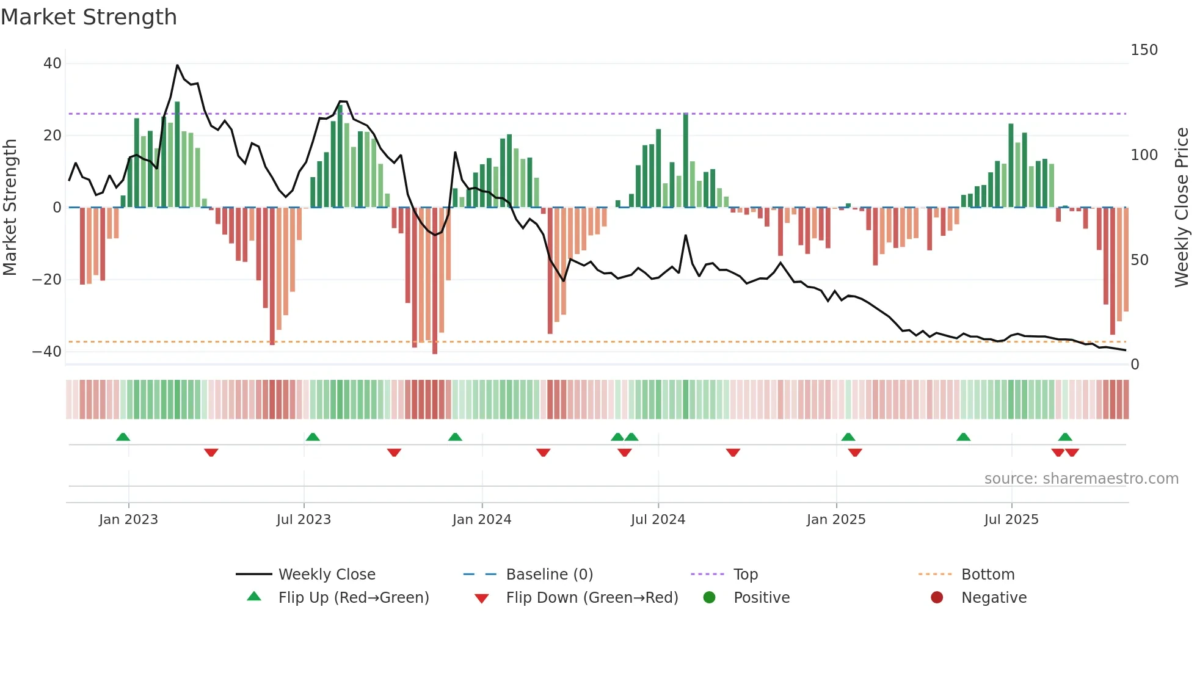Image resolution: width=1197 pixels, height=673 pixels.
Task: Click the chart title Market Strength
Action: point(89,17)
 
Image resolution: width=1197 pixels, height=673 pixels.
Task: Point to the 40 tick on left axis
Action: point(53,64)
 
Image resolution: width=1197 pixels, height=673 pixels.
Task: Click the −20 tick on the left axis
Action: point(47,280)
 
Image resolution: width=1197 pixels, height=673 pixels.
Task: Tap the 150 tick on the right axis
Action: point(1144,50)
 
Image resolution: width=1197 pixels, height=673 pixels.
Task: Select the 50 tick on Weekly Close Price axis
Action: point(1140,260)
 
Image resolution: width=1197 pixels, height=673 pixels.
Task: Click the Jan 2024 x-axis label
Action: point(482,520)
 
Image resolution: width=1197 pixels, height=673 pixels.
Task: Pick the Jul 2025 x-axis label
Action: point(1011,520)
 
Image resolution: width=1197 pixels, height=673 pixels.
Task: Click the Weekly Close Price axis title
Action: point(1182,208)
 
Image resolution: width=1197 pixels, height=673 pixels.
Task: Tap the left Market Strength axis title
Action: point(10,208)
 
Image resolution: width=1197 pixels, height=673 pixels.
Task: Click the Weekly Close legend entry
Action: point(327,575)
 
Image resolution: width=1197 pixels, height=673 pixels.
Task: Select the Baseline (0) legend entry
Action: point(549,575)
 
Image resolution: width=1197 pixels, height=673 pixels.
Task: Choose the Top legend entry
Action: point(745,575)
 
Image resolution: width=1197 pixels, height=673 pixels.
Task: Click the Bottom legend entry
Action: point(988,575)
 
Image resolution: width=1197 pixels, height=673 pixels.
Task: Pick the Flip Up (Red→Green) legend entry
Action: point(353,598)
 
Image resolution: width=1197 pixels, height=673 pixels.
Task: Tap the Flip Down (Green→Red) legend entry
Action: point(592,598)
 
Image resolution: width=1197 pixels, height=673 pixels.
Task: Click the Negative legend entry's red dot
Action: point(937,597)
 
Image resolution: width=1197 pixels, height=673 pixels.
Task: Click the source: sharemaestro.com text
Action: point(1081,479)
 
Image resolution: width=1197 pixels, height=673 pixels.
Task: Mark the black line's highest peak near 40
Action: point(177,65)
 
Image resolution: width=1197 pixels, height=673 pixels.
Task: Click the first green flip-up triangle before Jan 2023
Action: point(123,437)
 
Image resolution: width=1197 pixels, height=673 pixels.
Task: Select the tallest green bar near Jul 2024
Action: point(686,160)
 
